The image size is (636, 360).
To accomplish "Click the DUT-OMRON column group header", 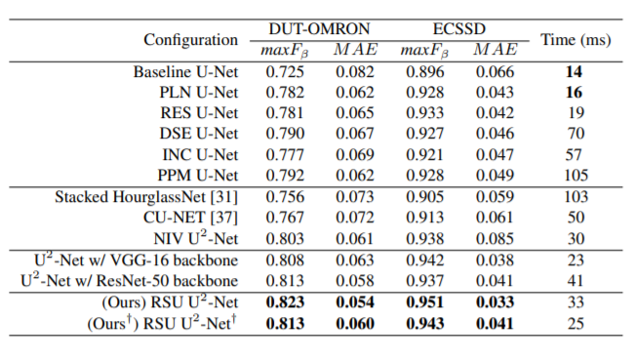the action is (319, 29).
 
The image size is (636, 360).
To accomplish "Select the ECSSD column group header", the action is (459, 29).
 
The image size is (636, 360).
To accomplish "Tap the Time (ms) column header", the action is (576, 40).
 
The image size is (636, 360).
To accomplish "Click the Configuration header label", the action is (190, 40).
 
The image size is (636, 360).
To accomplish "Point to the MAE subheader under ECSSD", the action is (496, 50).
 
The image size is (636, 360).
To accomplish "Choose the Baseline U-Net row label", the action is (185, 72).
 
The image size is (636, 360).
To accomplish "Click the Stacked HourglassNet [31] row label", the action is (146, 197).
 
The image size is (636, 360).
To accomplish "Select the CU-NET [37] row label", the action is (190, 218).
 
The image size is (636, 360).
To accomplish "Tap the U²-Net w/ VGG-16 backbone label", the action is (137, 260).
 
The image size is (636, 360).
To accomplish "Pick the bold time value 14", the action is (574, 72).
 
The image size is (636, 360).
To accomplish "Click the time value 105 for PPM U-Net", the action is (576, 176).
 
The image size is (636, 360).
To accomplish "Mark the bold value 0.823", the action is (285, 302).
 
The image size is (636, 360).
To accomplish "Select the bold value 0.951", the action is (425, 302).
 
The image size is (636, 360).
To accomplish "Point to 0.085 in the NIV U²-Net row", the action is (495, 239).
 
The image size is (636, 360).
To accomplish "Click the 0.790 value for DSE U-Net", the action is (285, 134).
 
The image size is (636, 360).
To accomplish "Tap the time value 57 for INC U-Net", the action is (574, 154).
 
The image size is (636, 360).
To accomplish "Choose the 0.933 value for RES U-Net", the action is (425, 113).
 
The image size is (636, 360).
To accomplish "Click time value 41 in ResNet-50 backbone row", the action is (576, 281).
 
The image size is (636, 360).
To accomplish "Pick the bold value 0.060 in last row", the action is (355, 324).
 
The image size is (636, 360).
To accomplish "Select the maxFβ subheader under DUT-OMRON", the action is (284, 51).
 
